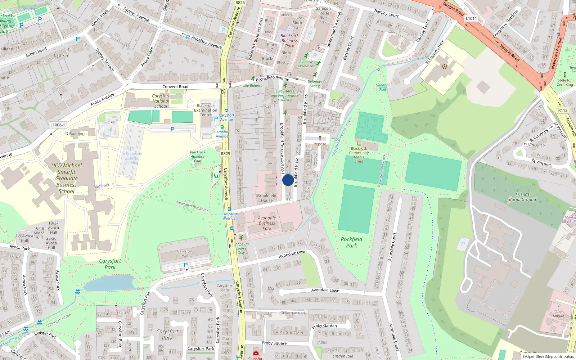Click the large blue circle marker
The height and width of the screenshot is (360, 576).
pos(288,180)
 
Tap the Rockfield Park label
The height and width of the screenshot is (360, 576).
pos(351,242)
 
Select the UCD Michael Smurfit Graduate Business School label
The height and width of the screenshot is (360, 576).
pos(67,178)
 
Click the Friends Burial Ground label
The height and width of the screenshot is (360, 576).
pos(522,197)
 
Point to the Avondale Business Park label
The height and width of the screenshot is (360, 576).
pos(267,223)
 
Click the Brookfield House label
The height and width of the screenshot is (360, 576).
pos(267,198)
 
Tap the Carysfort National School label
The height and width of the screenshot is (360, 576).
pos(161,101)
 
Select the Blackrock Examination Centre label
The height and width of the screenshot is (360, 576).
pos(206,110)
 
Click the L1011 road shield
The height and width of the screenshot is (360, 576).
pos(471,18)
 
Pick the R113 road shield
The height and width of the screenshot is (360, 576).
pos(563,110)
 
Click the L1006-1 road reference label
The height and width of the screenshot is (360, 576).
pos(58,125)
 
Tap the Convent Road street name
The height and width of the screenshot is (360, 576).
pos(175,87)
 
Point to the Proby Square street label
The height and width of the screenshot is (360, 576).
pos(274,343)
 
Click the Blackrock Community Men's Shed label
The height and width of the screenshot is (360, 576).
pos(359,155)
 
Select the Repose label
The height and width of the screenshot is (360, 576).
pos(320,144)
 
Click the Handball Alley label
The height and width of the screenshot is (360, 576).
pos(383,87)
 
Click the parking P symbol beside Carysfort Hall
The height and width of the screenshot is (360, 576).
pos(186,265)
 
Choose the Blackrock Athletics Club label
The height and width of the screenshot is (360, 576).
pos(198,157)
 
